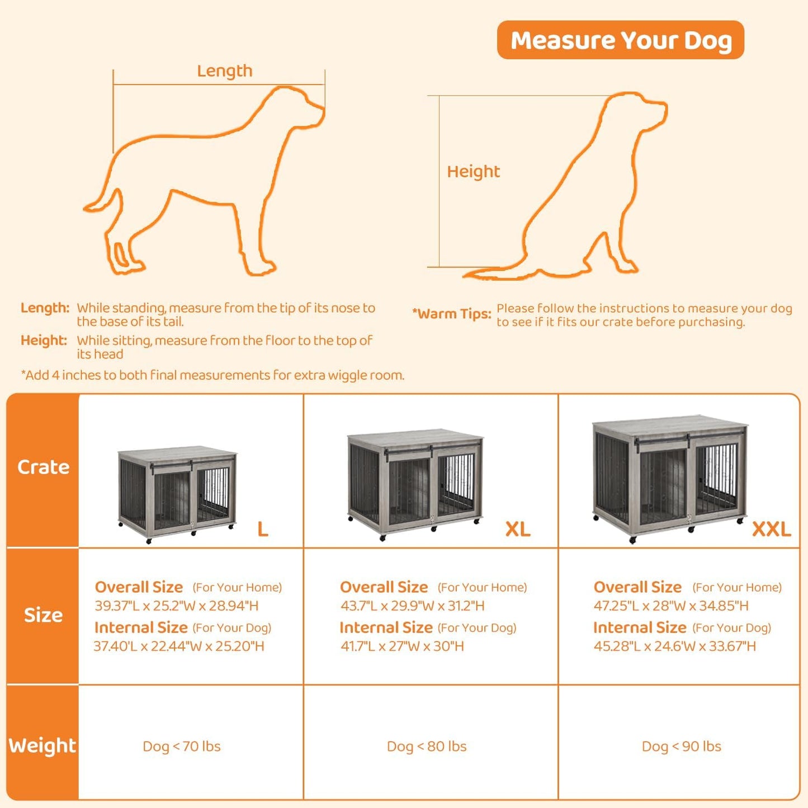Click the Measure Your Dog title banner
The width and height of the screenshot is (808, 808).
pyautogui.click(x=620, y=40)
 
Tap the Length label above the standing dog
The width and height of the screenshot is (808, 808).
pyautogui.click(x=224, y=71)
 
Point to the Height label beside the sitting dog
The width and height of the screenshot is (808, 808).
pyautogui.click(x=473, y=172)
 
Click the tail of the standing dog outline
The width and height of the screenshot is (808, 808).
pyautogui.click(x=103, y=201)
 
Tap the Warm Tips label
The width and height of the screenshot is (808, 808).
pyautogui.click(x=451, y=314)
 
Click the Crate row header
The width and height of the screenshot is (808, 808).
pyautogui.click(x=43, y=467)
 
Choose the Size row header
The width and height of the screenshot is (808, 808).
pyautogui.click(x=43, y=615)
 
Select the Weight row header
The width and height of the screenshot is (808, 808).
pyautogui.click(x=42, y=746)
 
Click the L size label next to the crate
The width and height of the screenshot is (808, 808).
pyautogui.click(x=263, y=529)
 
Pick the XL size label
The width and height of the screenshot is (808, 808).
pyautogui.click(x=518, y=529)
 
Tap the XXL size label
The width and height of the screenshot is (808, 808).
pyautogui.click(x=771, y=529)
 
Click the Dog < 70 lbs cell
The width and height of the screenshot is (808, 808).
pyautogui.click(x=182, y=746)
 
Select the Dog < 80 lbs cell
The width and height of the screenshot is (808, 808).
pyautogui.click(x=427, y=746)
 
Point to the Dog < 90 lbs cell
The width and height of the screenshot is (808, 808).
pyautogui.click(x=681, y=746)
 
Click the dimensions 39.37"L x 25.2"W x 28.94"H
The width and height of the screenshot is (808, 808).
pyautogui.click(x=177, y=606)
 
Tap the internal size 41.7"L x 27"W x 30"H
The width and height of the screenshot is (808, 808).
pyautogui.click(x=402, y=646)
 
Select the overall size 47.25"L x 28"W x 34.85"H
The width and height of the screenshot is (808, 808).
pyautogui.click(x=671, y=606)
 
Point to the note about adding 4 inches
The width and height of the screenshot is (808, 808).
pyautogui.click(x=212, y=375)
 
